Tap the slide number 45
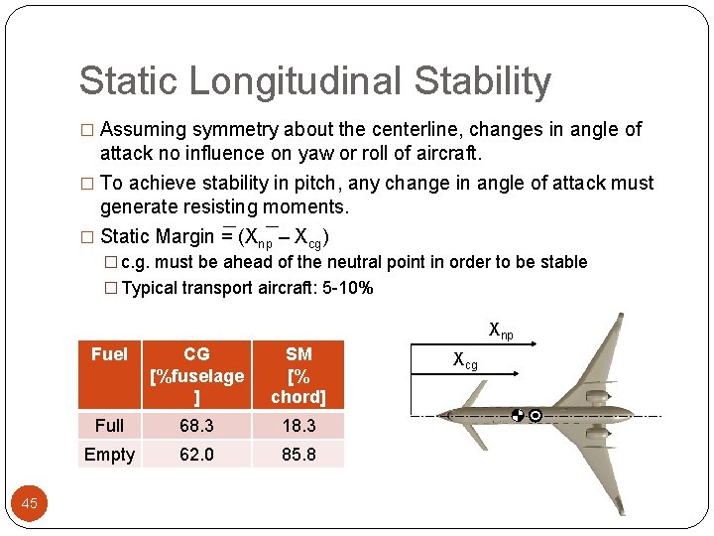pos(30,503)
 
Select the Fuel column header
pos(109,354)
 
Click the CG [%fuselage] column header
pos(196,375)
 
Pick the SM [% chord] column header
pos(298,375)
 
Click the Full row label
pos(109,425)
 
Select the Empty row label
pos(109,455)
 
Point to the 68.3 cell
pos(196,425)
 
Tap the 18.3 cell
pos(298,425)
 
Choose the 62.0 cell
pos(196,455)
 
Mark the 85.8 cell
pos(298,455)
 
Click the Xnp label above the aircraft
pos(501,331)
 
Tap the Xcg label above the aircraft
pos(465,360)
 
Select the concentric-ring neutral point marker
pos(535,415)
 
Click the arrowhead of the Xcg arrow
pos(513,374)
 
